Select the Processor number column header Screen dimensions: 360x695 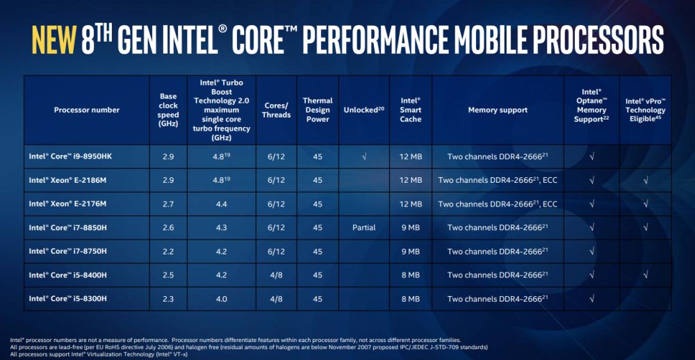point(87,110)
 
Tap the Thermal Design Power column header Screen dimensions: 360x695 point(318,110)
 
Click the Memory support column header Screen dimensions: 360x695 point(498,110)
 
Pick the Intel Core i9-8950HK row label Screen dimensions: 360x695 point(70,156)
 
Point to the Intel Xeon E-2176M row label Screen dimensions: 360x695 point(67,204)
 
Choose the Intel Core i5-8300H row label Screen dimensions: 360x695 point(68,299)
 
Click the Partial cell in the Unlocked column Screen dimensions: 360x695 point(364,227)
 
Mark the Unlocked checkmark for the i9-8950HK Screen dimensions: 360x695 point(364,156)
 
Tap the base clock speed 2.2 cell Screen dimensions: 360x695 point(168,252)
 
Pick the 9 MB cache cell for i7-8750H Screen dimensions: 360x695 point(411,252)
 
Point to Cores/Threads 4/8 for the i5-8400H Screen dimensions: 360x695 point(277,275)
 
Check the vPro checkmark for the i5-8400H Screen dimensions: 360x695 point(646,275)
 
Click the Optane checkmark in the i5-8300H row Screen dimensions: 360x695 point(591,299)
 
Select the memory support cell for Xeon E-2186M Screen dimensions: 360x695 point(498,180)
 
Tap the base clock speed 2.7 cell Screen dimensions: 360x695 point(168,204)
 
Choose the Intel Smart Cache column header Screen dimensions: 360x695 point(411,110)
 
